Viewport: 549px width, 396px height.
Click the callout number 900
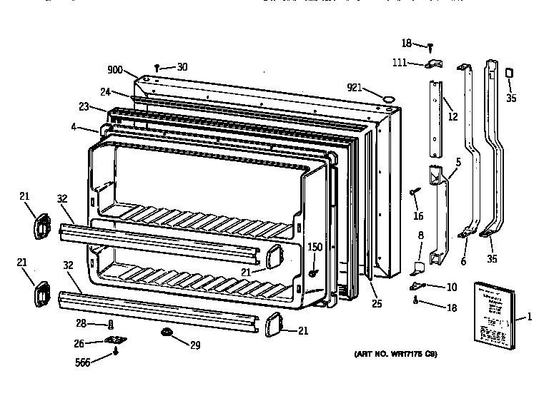pos(115,70)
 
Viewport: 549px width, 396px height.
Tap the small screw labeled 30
pos(157,67)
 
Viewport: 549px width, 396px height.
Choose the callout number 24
pos(105,91)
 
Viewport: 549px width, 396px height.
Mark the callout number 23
pos(84,107)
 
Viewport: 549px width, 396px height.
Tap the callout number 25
pos(377,304)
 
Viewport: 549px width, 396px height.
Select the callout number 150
pos(314,247)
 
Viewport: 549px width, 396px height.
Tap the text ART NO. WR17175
pos(395,354)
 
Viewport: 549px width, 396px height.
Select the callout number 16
pos(418,216)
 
